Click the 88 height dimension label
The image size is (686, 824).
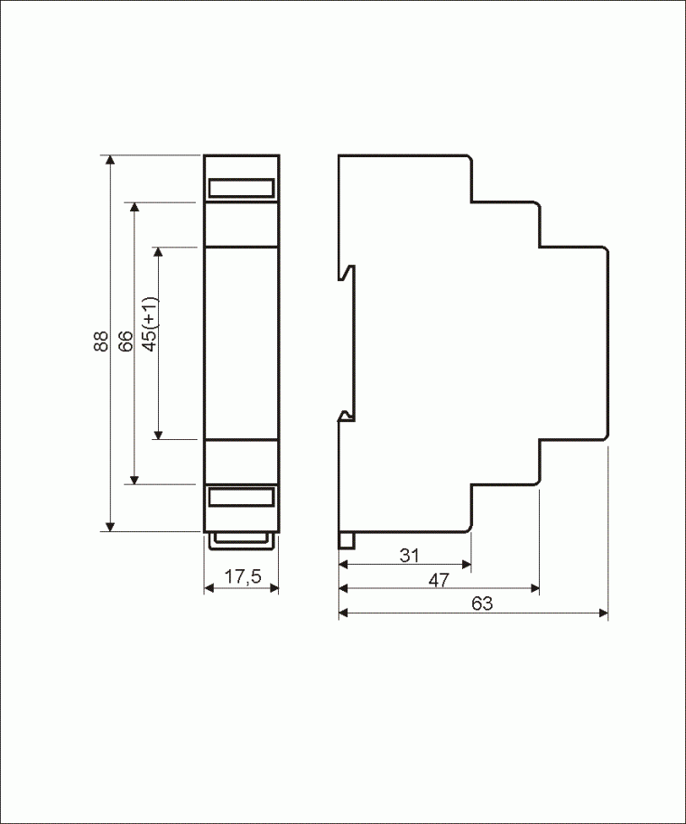tap(101, 341)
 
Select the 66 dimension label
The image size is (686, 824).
tap(125, 341)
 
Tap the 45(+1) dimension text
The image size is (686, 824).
tap(150, 324)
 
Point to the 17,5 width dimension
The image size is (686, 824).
tap(243, 576)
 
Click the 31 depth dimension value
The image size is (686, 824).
tap(409, 555)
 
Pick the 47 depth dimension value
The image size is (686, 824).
tap(439, 580)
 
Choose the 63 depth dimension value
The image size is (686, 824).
tap(482, 604)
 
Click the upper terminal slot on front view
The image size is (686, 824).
tap(241, 188)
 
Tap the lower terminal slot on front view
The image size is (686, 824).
tap(241, 497)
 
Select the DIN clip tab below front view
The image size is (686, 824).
tap(241, 541)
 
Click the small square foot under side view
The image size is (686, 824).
tap(347, 540)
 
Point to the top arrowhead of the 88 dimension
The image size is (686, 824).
tap(110, 160)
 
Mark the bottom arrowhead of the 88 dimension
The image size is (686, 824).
tap(110, 527)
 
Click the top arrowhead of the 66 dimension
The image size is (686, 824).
tap(134, 207)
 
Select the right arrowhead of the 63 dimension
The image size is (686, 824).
tap(603, 613)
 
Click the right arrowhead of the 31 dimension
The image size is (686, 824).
tap(466, 565)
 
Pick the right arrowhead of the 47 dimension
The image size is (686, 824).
tap(534, 588)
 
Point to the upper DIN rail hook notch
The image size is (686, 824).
tap(347, 272)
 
